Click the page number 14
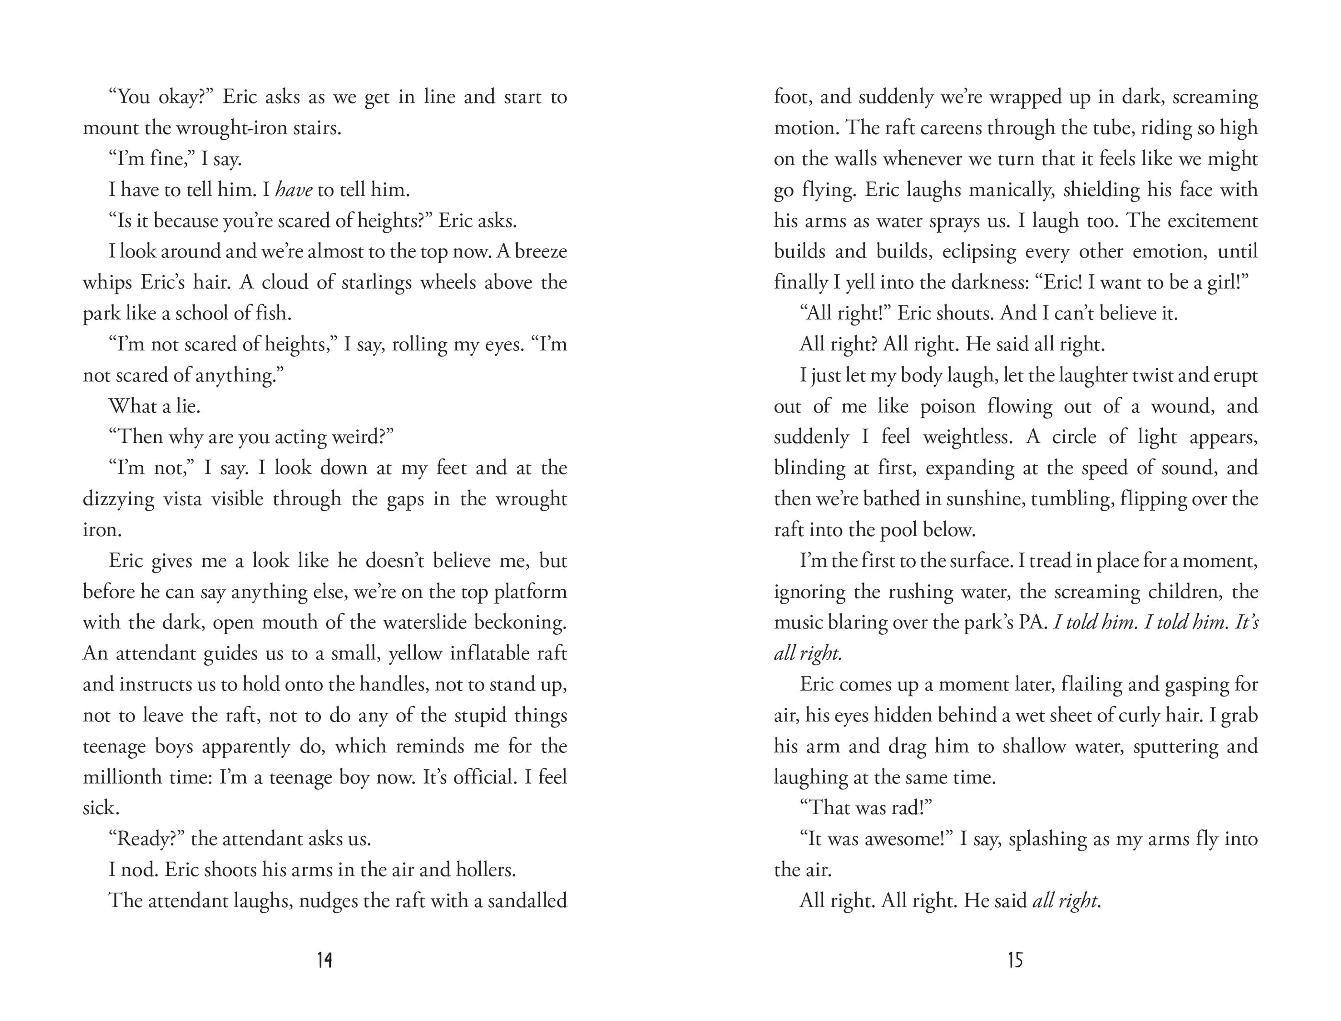point(325,960)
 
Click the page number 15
point(1015,960)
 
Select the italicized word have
point(294,190)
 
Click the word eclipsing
point(979,252)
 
